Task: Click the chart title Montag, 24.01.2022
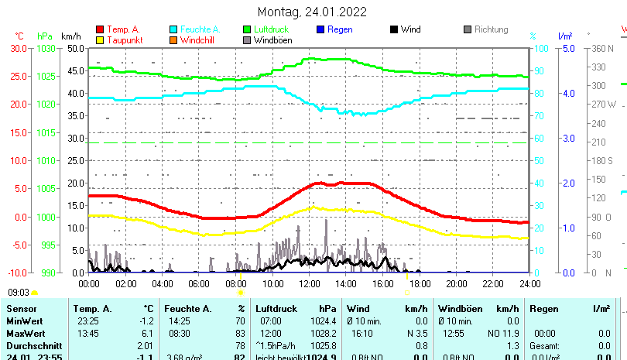[x=312, y=12]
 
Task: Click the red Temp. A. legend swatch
[x=100, y=29]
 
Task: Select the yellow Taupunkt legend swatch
[x=100, y=39]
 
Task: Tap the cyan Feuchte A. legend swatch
[x=174, y=29]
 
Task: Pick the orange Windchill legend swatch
[x=174, y=39]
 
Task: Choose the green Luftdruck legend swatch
[x=248, y=29]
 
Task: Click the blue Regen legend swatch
[x=321, y=29]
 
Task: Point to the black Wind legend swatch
[x=394, y=29]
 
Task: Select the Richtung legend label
[x=491, y=29]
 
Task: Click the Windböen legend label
[x=273, y=39]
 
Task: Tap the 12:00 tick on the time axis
[x=309, y=283]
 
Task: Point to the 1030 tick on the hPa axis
[x=46, y=48]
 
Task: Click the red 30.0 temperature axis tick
[x=19, y=48]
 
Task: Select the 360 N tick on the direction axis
[x=602, y=48]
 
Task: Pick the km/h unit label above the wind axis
[x=70, y=36]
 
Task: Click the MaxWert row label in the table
[x=26, y=333]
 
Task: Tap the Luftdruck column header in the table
[x=278, y=309]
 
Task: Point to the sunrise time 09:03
[x=19, y=293]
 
